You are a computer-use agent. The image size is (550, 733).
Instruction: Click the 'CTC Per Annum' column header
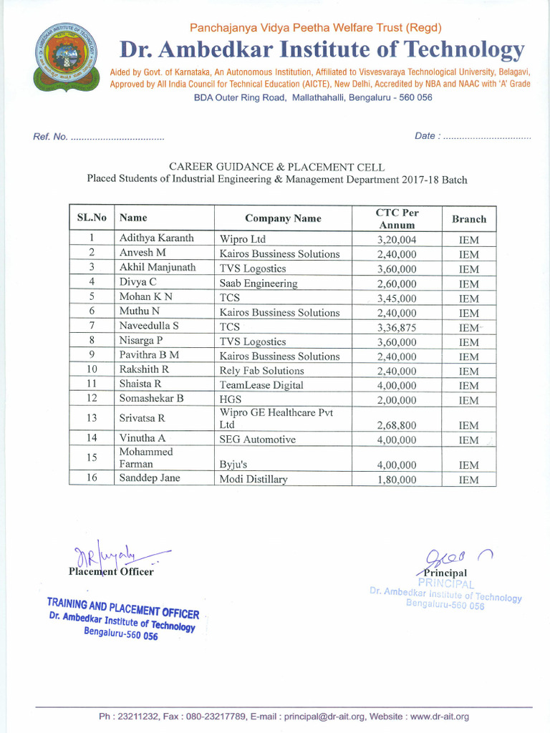[397, 218]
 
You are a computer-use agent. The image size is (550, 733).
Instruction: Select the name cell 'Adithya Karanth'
[156, 238]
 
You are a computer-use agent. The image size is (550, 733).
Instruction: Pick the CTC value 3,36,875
[397, 328]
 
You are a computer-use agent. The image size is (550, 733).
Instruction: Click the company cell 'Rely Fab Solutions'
[261, 371]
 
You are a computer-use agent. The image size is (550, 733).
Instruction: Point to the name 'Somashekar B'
[151, 398]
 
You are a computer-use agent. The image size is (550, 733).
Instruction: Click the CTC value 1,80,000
[397, 480]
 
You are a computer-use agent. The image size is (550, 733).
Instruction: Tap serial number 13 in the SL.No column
[92, 417]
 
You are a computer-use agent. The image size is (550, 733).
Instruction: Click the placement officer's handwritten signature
[118, 555]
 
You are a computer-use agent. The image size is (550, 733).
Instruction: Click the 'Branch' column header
[469, 219]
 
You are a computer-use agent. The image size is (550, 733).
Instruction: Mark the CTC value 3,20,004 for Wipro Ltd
[397, 240]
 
